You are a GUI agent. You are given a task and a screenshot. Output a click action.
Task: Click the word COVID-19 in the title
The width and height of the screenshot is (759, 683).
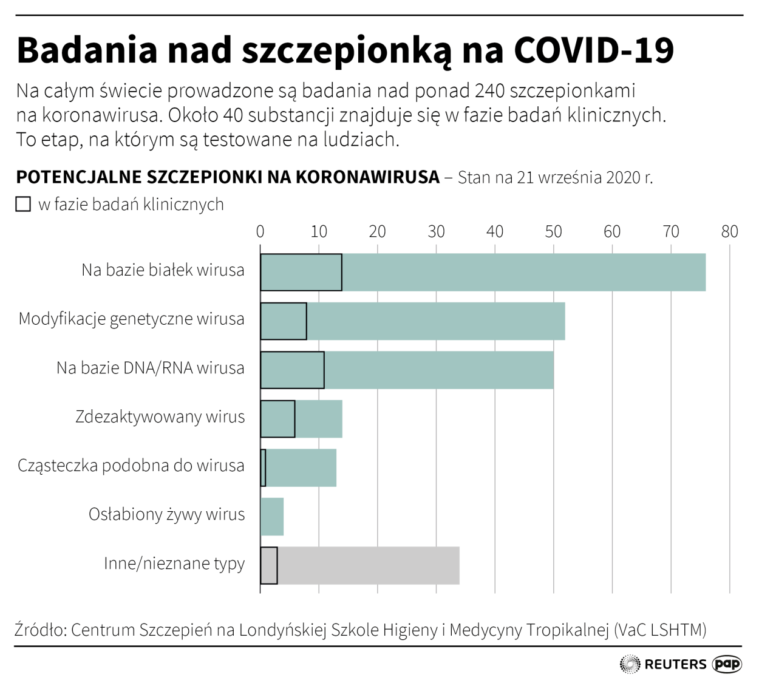(594, 50)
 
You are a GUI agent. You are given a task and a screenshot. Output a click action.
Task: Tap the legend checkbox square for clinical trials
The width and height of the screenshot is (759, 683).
(23, 204)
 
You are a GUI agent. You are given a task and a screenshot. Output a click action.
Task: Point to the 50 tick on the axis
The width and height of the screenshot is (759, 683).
(553, 231)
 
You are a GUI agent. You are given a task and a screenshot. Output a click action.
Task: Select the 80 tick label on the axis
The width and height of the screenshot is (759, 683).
(729, 231)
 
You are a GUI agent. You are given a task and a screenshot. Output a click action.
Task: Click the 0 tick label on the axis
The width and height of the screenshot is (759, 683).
(260, 231)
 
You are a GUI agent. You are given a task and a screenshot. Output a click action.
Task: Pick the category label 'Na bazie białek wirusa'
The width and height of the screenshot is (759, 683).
(163, 270)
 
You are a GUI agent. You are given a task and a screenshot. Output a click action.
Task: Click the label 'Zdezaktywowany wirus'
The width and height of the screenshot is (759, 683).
(160, 417)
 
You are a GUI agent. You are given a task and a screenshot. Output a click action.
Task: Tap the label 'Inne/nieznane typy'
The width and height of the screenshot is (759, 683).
(174, 563)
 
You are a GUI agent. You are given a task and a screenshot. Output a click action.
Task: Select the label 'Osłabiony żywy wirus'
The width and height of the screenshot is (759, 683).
(167, 515)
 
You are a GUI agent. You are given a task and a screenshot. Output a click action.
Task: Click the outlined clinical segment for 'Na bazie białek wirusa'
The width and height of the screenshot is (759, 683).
(301, 273)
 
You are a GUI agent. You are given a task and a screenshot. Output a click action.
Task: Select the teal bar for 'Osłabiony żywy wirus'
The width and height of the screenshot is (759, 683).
(272, 517)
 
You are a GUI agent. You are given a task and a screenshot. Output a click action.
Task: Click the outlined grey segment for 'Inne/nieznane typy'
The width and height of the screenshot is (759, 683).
(269, 566)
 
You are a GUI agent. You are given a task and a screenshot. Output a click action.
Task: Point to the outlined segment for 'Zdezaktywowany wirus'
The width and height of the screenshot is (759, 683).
(277, 419)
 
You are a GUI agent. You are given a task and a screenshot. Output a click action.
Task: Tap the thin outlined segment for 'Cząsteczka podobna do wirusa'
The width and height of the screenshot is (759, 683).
(263, 468)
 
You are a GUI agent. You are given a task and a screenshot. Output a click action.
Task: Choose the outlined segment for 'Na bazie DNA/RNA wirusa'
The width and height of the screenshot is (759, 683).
(292, 370)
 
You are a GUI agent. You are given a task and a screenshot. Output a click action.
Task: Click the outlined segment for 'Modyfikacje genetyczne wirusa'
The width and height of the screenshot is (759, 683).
(284, 321)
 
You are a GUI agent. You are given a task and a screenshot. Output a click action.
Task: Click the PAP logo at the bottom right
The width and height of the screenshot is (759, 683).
(727, 664)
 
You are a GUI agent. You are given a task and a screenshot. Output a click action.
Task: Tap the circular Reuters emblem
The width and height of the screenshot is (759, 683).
(630, 664)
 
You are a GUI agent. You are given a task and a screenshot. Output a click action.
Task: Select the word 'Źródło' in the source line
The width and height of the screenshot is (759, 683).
(40, 630)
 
